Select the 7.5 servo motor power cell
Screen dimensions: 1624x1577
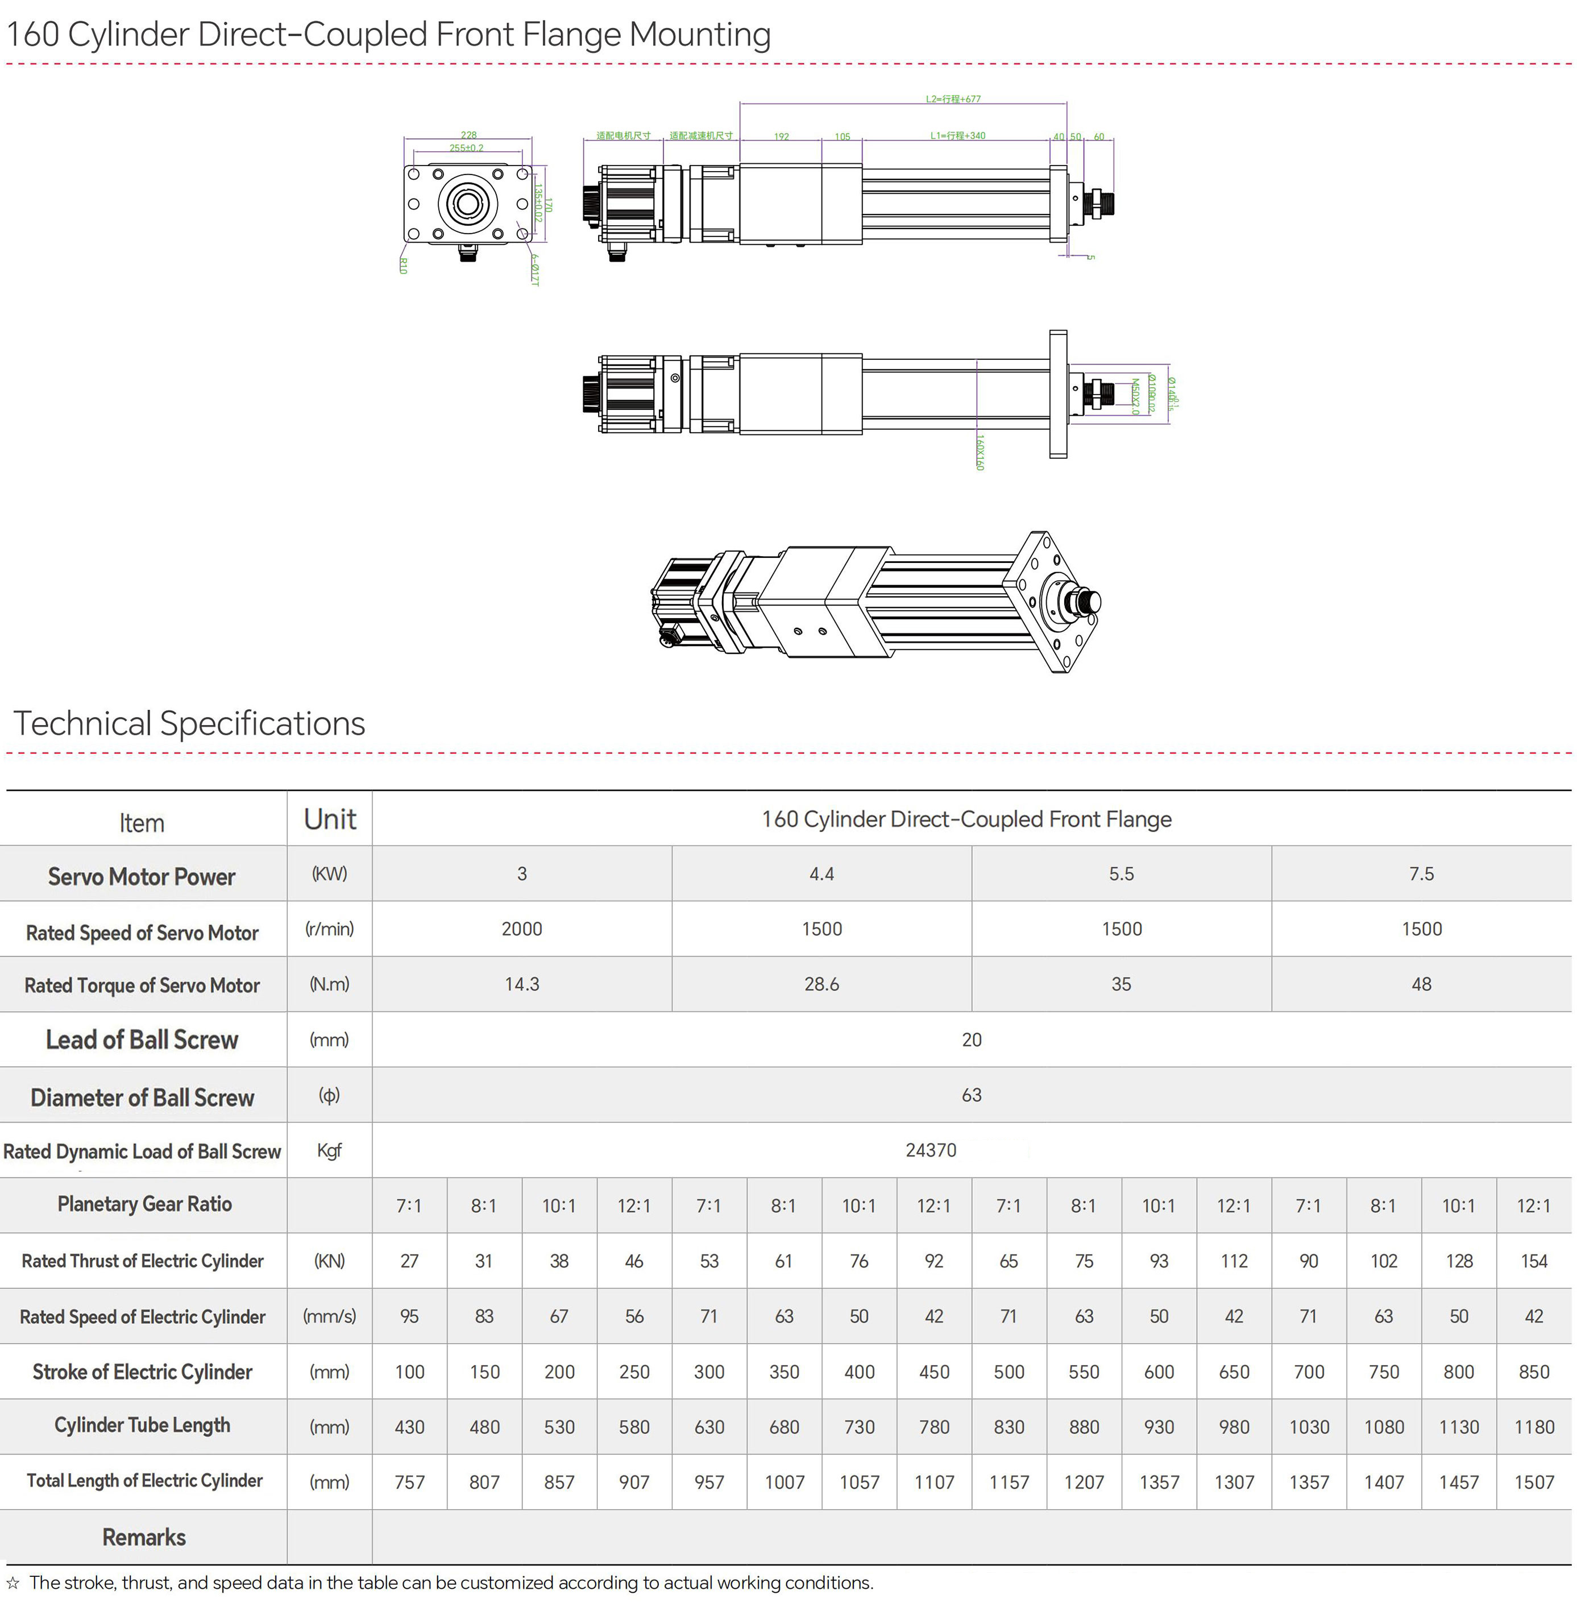pos(1421,873)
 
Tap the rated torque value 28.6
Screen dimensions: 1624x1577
pos(821,984)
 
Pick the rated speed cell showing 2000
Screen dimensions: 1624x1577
pos(522,929)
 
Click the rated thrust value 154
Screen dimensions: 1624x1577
pos(1533,1261)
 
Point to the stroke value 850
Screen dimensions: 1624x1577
pos(1533,1372)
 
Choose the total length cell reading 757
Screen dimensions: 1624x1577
pos(409,1482)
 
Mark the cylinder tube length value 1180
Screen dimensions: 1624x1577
pos(1533,1427)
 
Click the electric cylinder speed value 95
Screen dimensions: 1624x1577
pos(409,1316)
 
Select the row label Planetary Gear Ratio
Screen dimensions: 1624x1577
pos(144,1204)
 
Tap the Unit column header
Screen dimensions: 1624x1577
pos(330,819)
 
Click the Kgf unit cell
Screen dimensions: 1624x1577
pos(330,1150)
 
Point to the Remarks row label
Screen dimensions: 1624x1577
pos(144,1538)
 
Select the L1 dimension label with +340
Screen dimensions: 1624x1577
pos(957,136)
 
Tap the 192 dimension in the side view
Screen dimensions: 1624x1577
pos(781,136)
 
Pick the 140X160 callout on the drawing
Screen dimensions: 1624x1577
pos(980,453)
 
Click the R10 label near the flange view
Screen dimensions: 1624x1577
pos(404,265)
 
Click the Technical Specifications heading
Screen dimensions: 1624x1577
pos(189,723)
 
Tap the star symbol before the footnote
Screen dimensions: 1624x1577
pos(13,1584)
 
